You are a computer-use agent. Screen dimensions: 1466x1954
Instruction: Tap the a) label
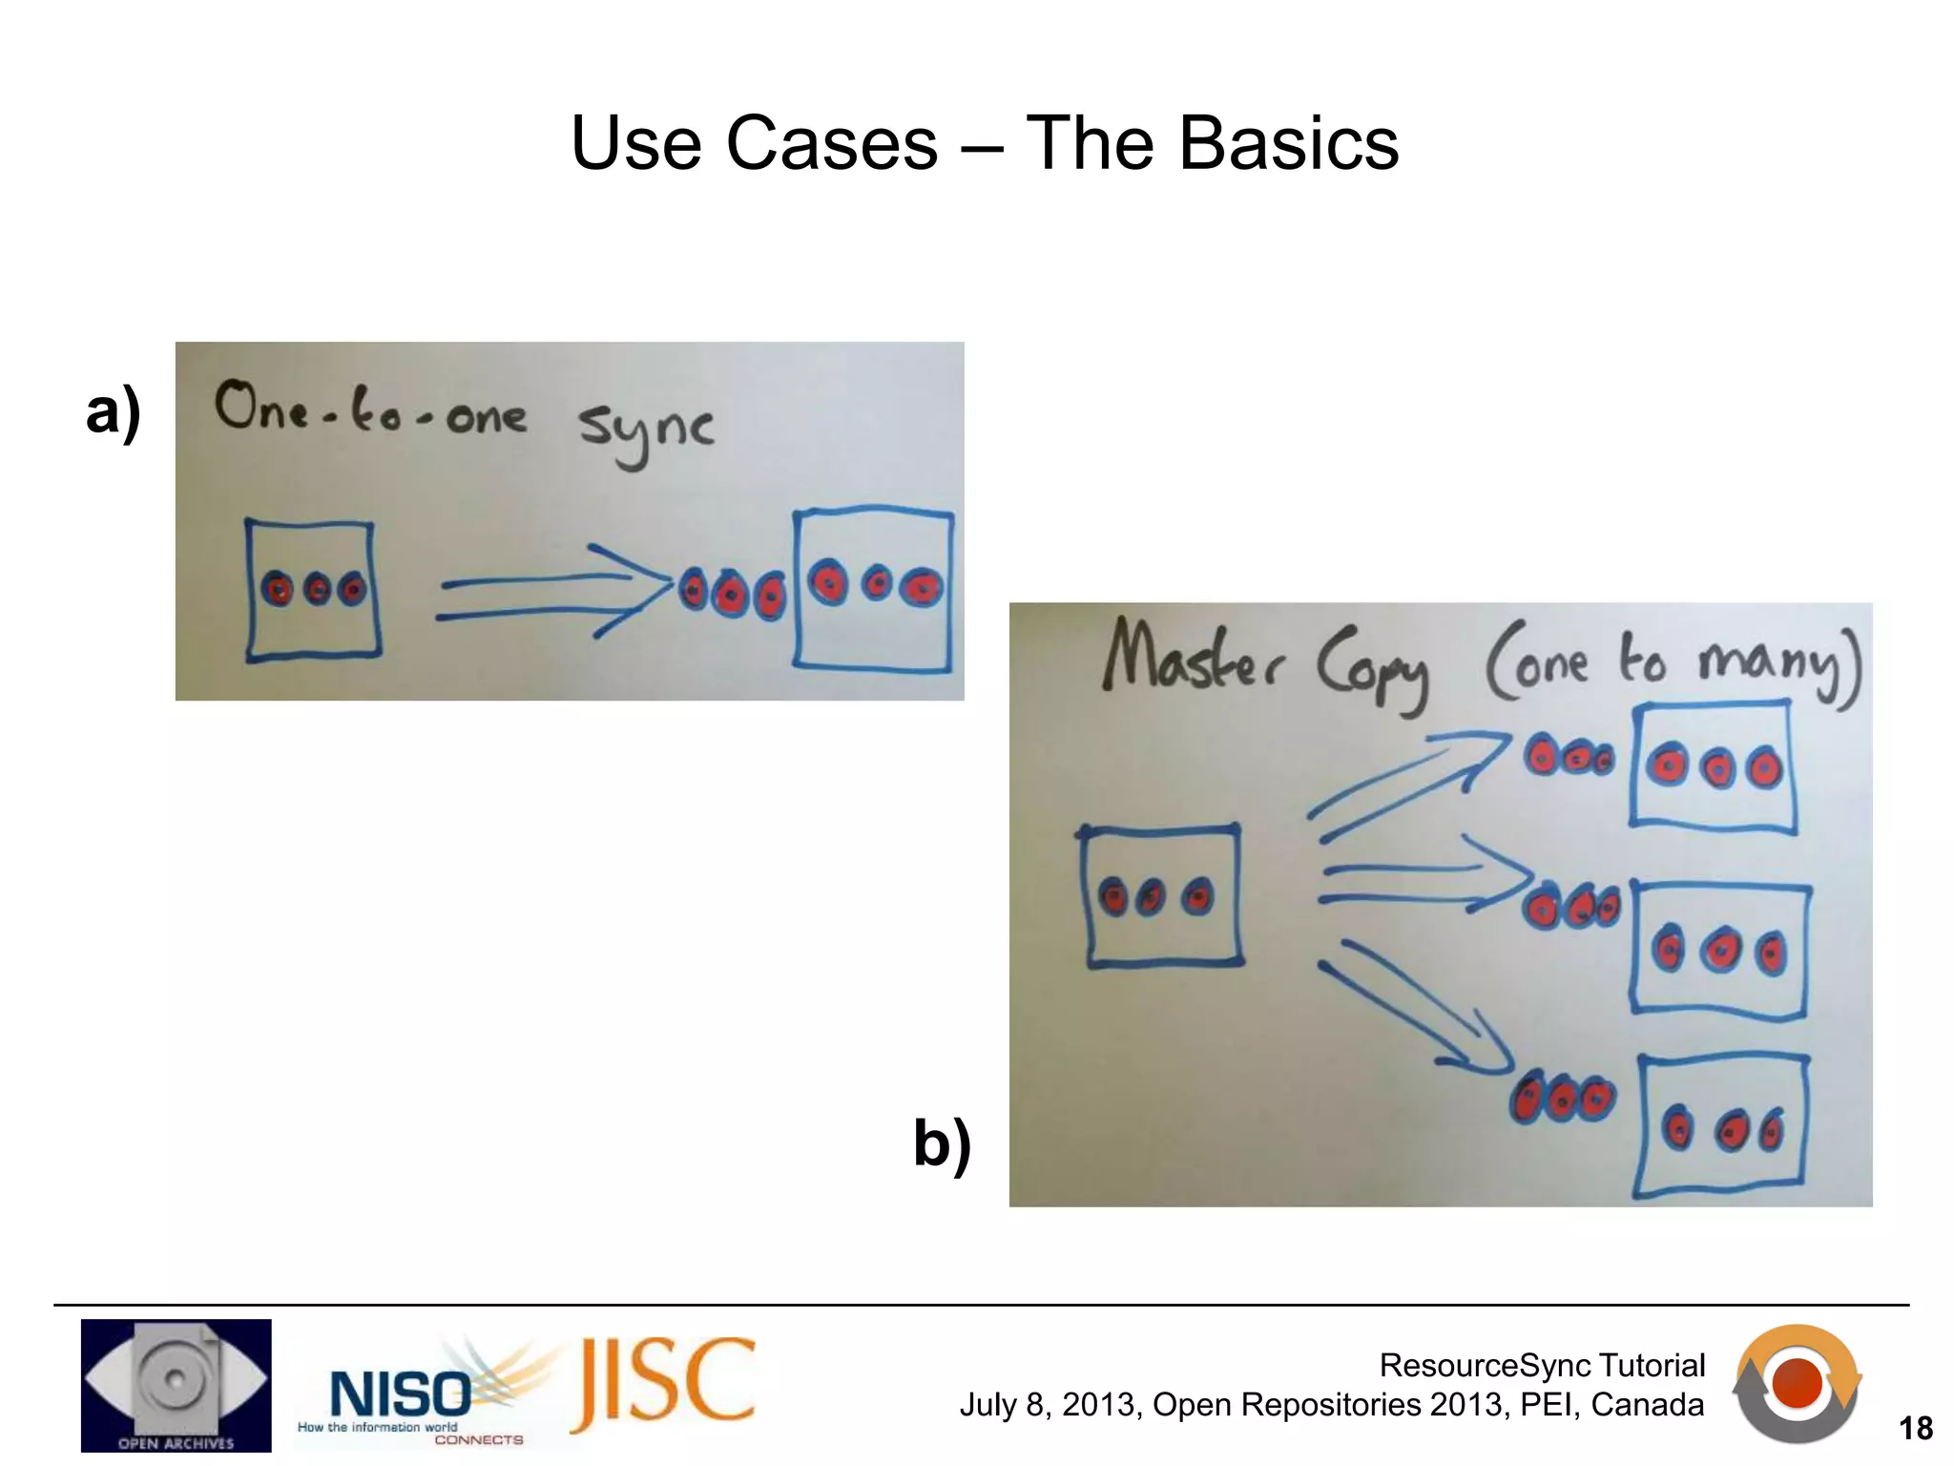click(113, 411)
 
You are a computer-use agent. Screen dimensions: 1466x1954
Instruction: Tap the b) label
click(942, 1142)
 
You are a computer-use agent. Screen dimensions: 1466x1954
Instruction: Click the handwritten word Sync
click(646, 431)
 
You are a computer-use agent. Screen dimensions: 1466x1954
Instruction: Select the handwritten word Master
click(1194, 657)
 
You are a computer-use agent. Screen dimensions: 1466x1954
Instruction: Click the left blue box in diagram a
click(312, 590)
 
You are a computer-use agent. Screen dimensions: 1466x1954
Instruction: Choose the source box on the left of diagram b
click(1161, 895)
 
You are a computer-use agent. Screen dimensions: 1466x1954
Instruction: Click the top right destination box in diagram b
click(1713, 766)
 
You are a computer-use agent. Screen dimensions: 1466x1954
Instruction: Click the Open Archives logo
click(176, 1385)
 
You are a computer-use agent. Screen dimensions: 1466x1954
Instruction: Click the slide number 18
click(1915, 1429)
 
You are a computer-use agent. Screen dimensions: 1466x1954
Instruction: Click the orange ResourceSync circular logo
click(1797, 1383)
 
